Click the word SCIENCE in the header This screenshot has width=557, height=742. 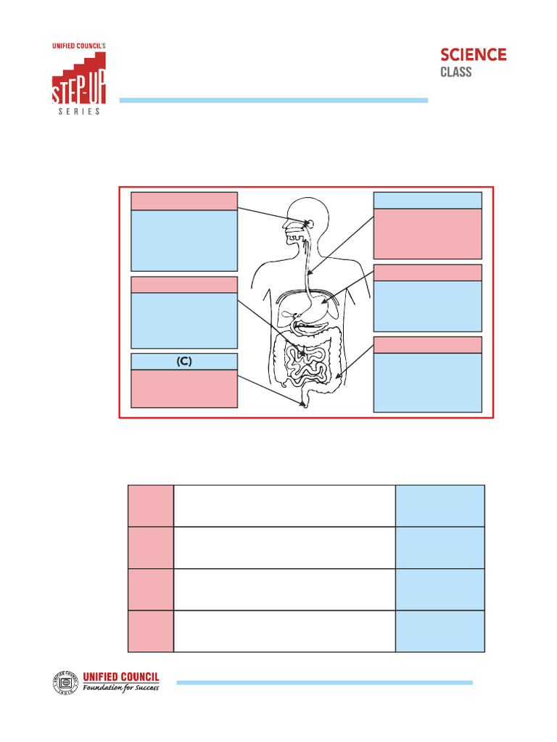[474, 55]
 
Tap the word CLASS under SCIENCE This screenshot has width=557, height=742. [456, 72]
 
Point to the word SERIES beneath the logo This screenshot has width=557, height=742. [79, 112]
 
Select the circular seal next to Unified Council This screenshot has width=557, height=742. [64, 683]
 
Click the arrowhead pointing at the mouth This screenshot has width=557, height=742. [309, 222]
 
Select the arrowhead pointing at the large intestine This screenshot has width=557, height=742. [337, 378]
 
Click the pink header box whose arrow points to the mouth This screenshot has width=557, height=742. [183, 201]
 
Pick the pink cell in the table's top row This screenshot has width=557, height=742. [151, 505]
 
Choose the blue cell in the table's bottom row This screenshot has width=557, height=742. [440, 631]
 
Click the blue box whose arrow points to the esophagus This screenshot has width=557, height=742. [427, 200]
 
